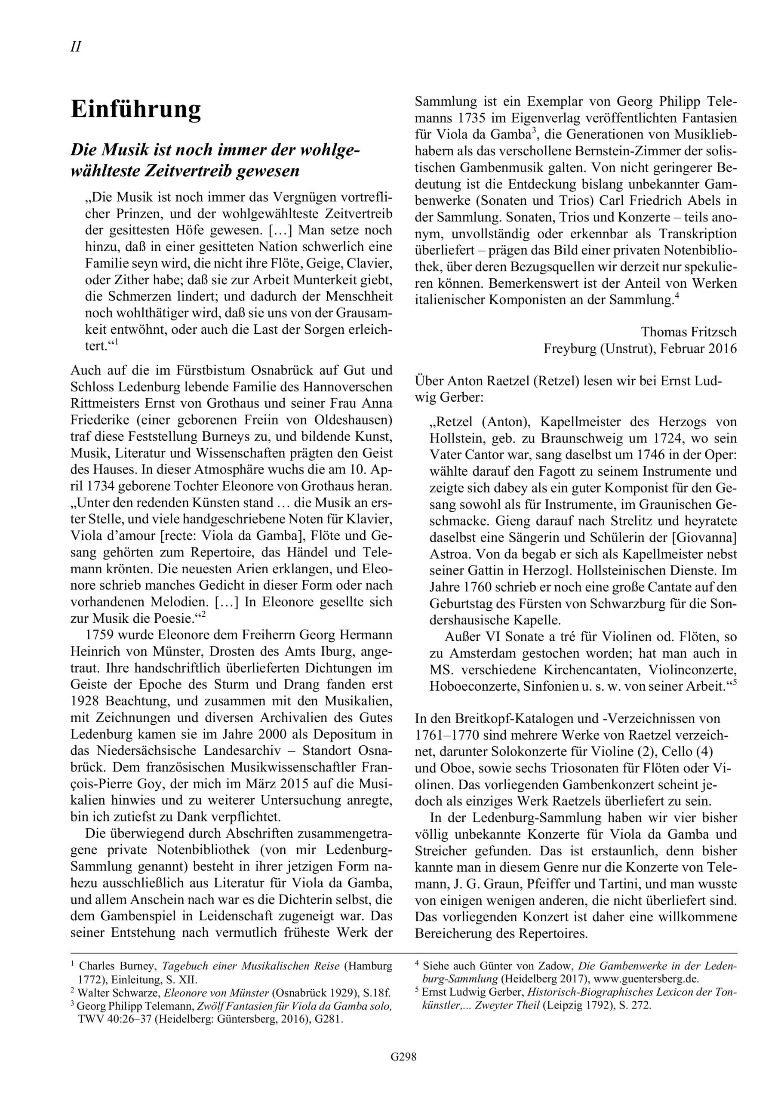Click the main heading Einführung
pos(136,110)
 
